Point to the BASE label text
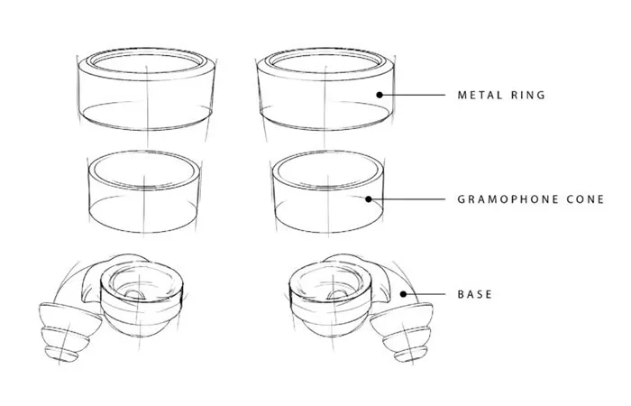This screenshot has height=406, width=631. (x=475, y=294)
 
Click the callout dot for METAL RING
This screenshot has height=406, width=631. (x=380, y=95)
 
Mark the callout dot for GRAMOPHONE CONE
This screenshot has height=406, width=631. (x=369, y=199)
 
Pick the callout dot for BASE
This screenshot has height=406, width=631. (x=403, y=294)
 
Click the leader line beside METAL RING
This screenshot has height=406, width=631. (x=414, y=95)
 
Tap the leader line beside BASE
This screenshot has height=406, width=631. (x=425, y=294)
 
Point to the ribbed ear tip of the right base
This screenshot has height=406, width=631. (x=402, y=332)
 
